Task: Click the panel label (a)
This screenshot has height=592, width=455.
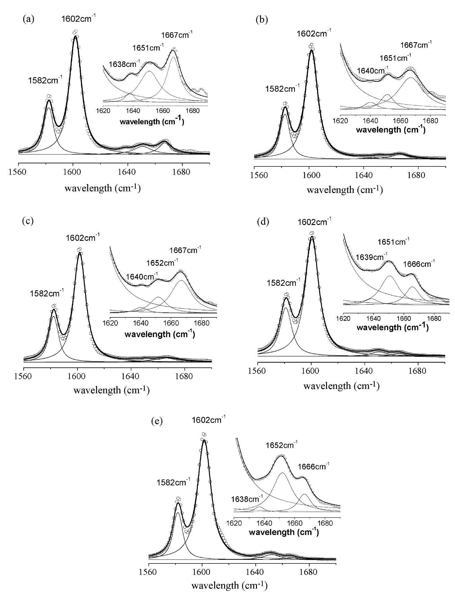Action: click(28, 19)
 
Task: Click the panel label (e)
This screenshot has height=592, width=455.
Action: click(156, 422)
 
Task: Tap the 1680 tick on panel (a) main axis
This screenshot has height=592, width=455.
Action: click(182, 171)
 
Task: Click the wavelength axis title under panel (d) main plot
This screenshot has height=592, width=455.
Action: click(341, 386)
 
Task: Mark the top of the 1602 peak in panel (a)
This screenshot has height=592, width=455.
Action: click(75, 36)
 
